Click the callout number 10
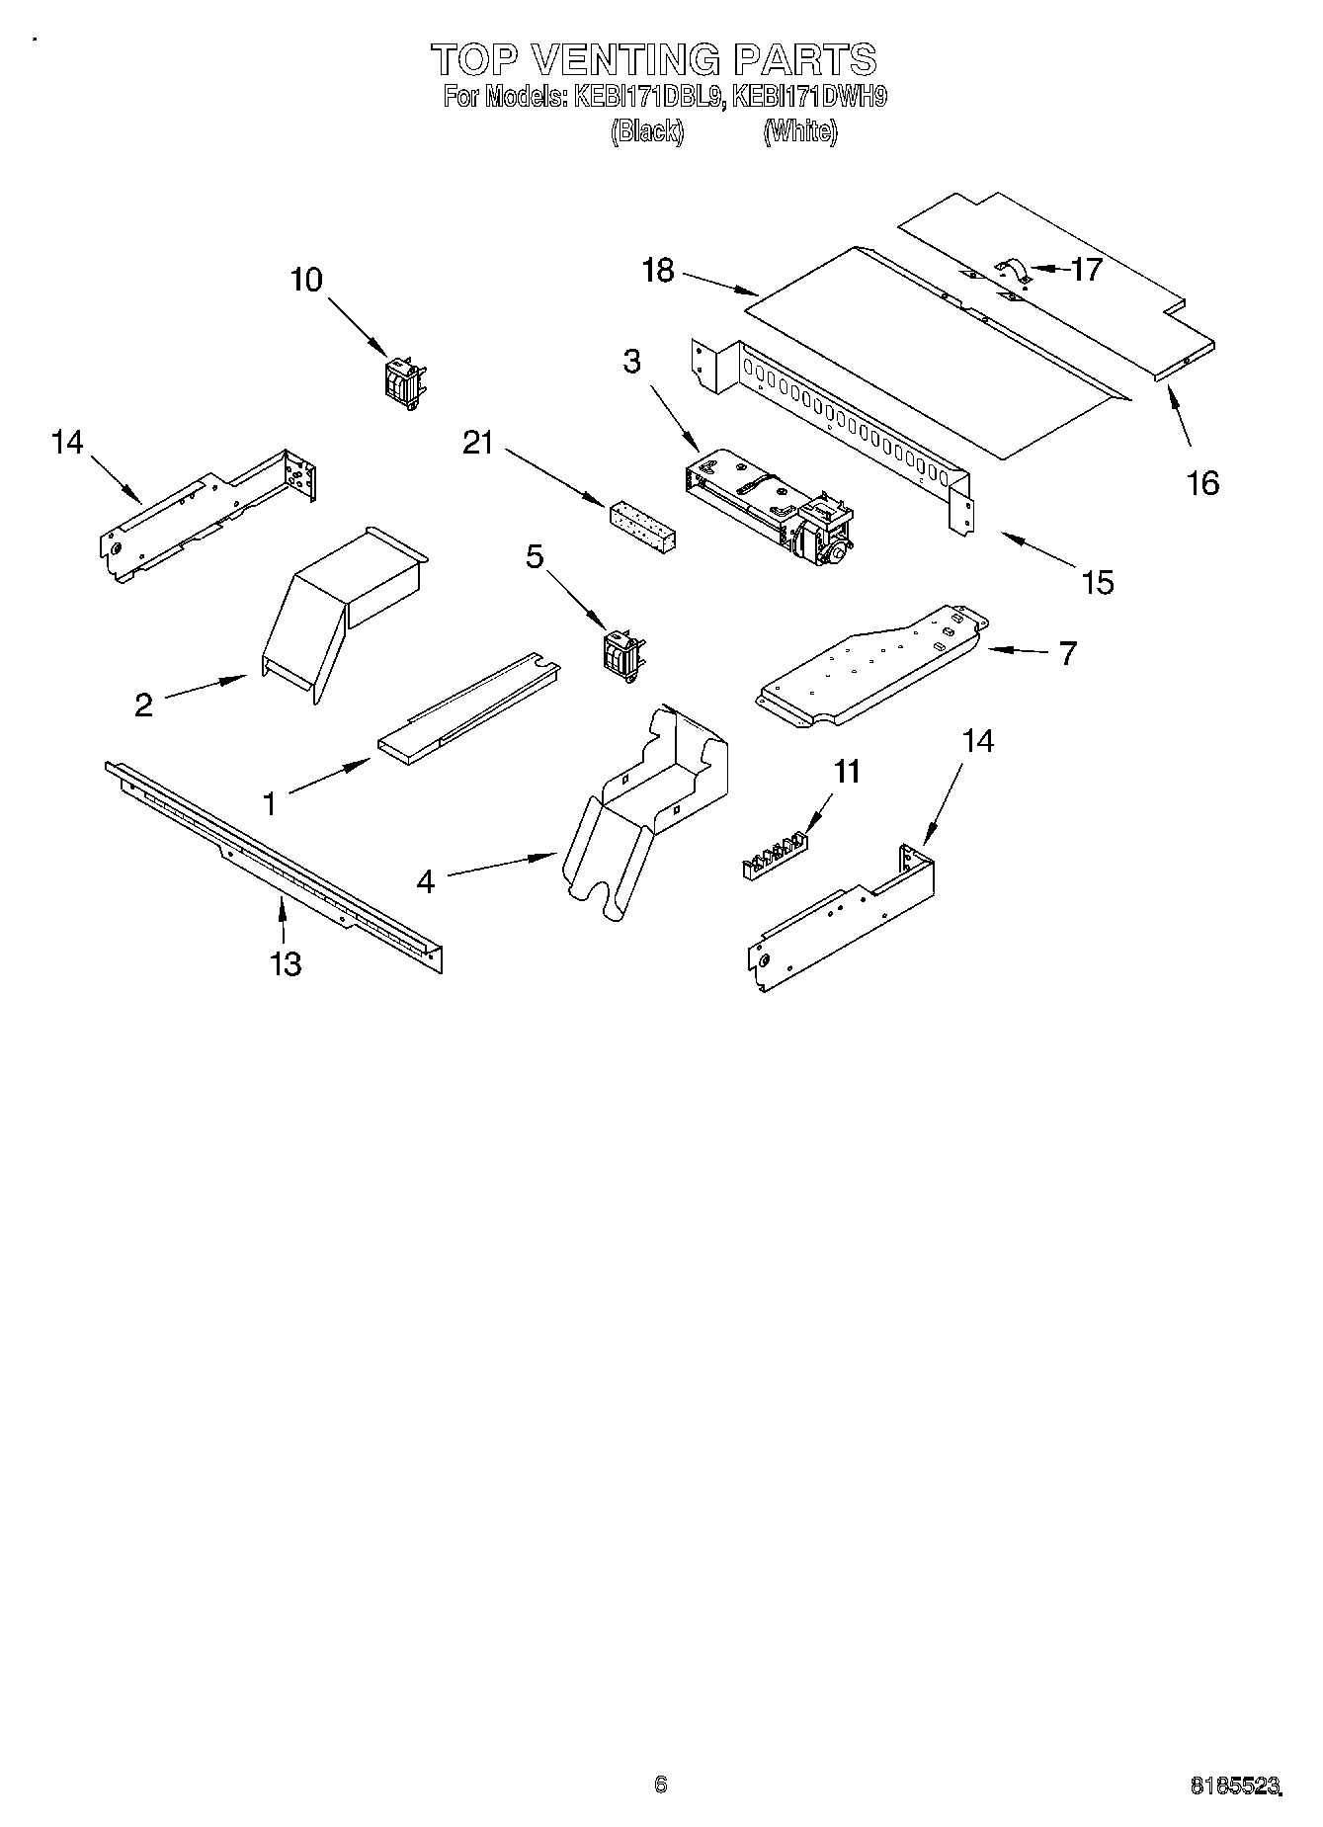point(306,281)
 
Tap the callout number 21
point(478,443)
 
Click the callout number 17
point(1086,269)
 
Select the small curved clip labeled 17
point(1012,270)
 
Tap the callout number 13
point(286,963)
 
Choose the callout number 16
point(1202,483)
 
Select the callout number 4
point(426,880)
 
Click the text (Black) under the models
point(647,131)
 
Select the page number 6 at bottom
point(661,1784)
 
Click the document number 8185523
point(1235,1785)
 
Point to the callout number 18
point(658,270)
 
